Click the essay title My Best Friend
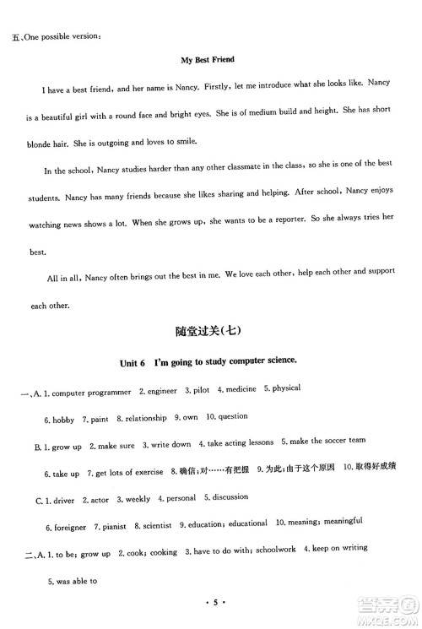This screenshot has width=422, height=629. pos(208,60)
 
